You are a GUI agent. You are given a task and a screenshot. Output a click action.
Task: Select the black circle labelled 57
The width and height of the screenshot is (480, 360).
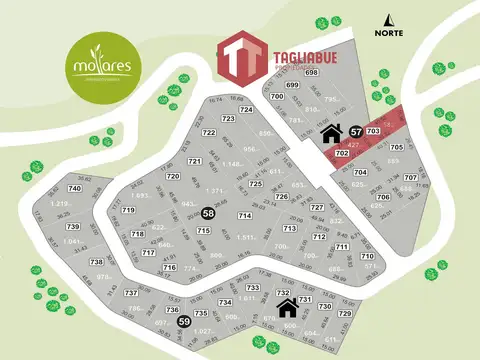[x=355, y=131]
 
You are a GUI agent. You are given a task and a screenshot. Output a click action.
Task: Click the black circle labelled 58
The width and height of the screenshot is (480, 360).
[x=208, y=213]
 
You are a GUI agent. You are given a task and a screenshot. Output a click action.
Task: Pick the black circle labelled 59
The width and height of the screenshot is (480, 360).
[x=183, y=322]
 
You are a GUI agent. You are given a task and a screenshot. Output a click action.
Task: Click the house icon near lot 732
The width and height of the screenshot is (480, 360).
[x=287, y=305]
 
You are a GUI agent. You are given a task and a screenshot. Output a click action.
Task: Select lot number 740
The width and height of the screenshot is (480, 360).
[x=73, y=188]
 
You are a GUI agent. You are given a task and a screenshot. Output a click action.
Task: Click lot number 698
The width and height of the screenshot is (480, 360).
[x=311, y=73]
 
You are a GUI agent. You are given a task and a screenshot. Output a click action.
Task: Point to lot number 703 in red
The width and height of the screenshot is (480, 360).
[x=374, y=131]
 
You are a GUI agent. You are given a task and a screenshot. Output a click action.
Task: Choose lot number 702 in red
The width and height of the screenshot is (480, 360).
[x=342, y=153]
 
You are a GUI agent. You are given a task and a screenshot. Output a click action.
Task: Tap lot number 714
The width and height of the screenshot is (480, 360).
[x=244, y=215]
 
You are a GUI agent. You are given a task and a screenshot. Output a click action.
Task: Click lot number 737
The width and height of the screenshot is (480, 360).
[x=130, y=292]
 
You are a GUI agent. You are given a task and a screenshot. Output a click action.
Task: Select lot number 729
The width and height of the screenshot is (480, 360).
[x=345, y=313]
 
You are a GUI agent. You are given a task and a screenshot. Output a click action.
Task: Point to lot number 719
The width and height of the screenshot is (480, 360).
[x=128, y=211]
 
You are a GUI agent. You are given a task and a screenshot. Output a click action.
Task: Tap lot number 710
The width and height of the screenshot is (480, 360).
[x=367, y=256]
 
